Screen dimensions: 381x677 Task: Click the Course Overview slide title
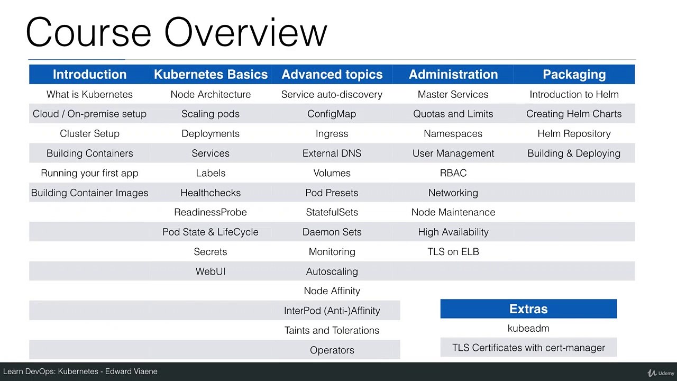176,33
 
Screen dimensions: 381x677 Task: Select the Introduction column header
89,75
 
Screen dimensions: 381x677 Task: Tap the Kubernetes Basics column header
211,75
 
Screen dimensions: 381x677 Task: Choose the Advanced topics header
332,75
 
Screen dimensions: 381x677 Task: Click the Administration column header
453,75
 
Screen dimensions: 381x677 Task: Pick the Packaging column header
574,75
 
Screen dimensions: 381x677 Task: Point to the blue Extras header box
528,309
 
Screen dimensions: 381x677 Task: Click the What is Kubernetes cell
89,94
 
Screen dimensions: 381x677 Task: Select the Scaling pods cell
211,114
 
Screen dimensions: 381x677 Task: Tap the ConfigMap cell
332,114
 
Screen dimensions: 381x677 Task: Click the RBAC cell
453,173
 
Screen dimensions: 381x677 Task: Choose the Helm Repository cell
574,133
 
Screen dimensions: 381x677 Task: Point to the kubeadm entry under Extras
528,328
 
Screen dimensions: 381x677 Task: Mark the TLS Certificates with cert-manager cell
528,348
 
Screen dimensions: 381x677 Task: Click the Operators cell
332,350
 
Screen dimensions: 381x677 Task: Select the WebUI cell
211,271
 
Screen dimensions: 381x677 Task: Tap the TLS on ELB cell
453,252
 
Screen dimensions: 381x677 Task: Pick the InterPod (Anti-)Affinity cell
332,311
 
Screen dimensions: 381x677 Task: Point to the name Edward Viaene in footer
131,371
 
